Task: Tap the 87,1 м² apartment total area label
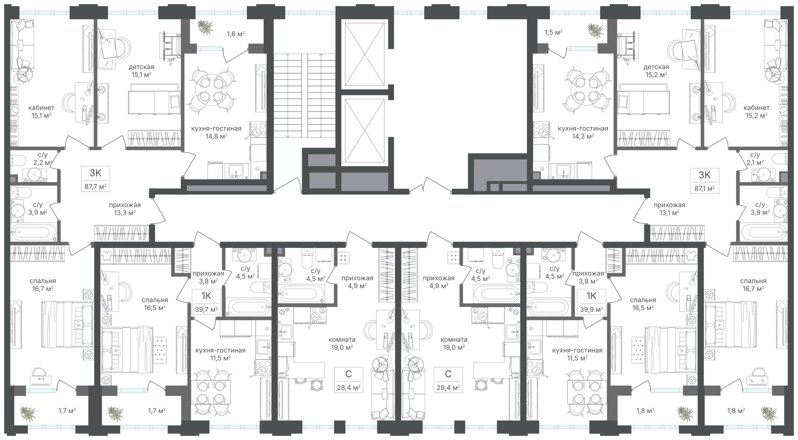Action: [704, 188]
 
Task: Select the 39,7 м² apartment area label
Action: [206, 309]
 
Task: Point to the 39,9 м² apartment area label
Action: [591, 309]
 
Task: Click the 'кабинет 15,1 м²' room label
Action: [41, 112]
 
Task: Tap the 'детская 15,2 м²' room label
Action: [656, 71]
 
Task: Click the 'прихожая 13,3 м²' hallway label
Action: [125, 209]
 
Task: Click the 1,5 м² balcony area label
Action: [553, 32]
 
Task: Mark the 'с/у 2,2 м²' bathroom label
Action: [44, 159]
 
